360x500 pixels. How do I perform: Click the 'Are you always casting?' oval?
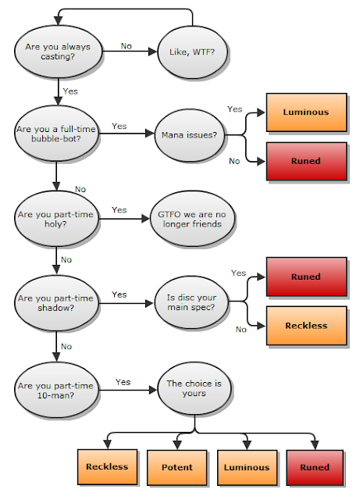click(58, 52)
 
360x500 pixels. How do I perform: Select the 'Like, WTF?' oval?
click(192, 52)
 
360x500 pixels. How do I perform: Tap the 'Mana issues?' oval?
click(190, 135)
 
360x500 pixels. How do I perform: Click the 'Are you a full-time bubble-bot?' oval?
click(56, 134)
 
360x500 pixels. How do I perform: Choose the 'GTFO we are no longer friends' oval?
click(192, 219)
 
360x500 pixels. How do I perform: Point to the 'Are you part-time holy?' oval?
click(56, 219)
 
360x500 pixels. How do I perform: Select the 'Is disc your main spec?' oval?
click(191, 302)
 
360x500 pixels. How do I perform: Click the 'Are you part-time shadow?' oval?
click(56, 303)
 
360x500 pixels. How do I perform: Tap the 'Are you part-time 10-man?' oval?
click(56, 391)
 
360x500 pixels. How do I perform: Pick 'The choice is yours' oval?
click(194, 388)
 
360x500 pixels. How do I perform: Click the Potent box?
click(177, 467)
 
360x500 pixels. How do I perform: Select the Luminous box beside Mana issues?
click(306, 112)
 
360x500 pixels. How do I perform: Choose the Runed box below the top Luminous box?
click(306, 162)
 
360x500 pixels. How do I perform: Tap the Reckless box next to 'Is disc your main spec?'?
click(306, 326)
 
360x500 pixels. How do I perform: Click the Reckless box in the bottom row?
click(108, 467)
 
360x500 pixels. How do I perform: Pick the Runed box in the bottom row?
click(315, 467)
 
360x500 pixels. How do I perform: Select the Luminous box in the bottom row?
click(247, 467)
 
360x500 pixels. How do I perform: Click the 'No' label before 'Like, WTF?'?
click(127, 46)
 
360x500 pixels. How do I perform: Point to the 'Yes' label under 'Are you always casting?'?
click(70, 91)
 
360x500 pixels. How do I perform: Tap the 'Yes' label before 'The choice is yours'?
click(123, 382)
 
